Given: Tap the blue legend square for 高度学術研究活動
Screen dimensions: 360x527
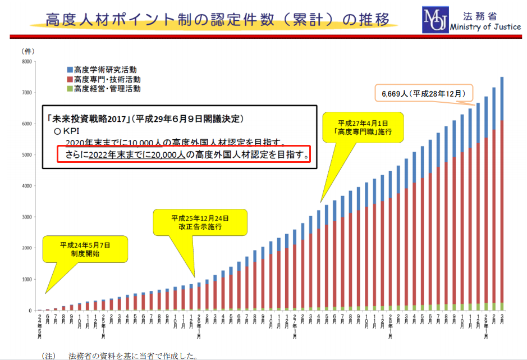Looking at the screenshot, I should click(70, 70).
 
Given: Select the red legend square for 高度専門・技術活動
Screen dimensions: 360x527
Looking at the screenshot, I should click(70, 79).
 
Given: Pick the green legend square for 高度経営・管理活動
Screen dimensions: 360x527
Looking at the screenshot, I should click(70, 89).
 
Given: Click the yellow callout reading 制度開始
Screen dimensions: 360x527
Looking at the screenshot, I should click(85, 249).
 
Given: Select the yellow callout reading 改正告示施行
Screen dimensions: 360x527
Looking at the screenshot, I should click(200, 222).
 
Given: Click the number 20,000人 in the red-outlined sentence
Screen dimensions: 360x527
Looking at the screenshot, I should click(168, 154).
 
